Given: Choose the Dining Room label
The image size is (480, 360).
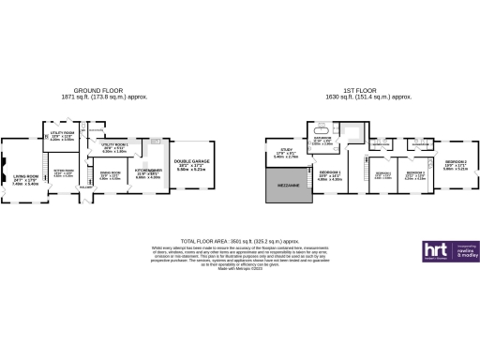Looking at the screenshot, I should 111,174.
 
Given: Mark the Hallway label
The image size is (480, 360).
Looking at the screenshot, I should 86,188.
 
